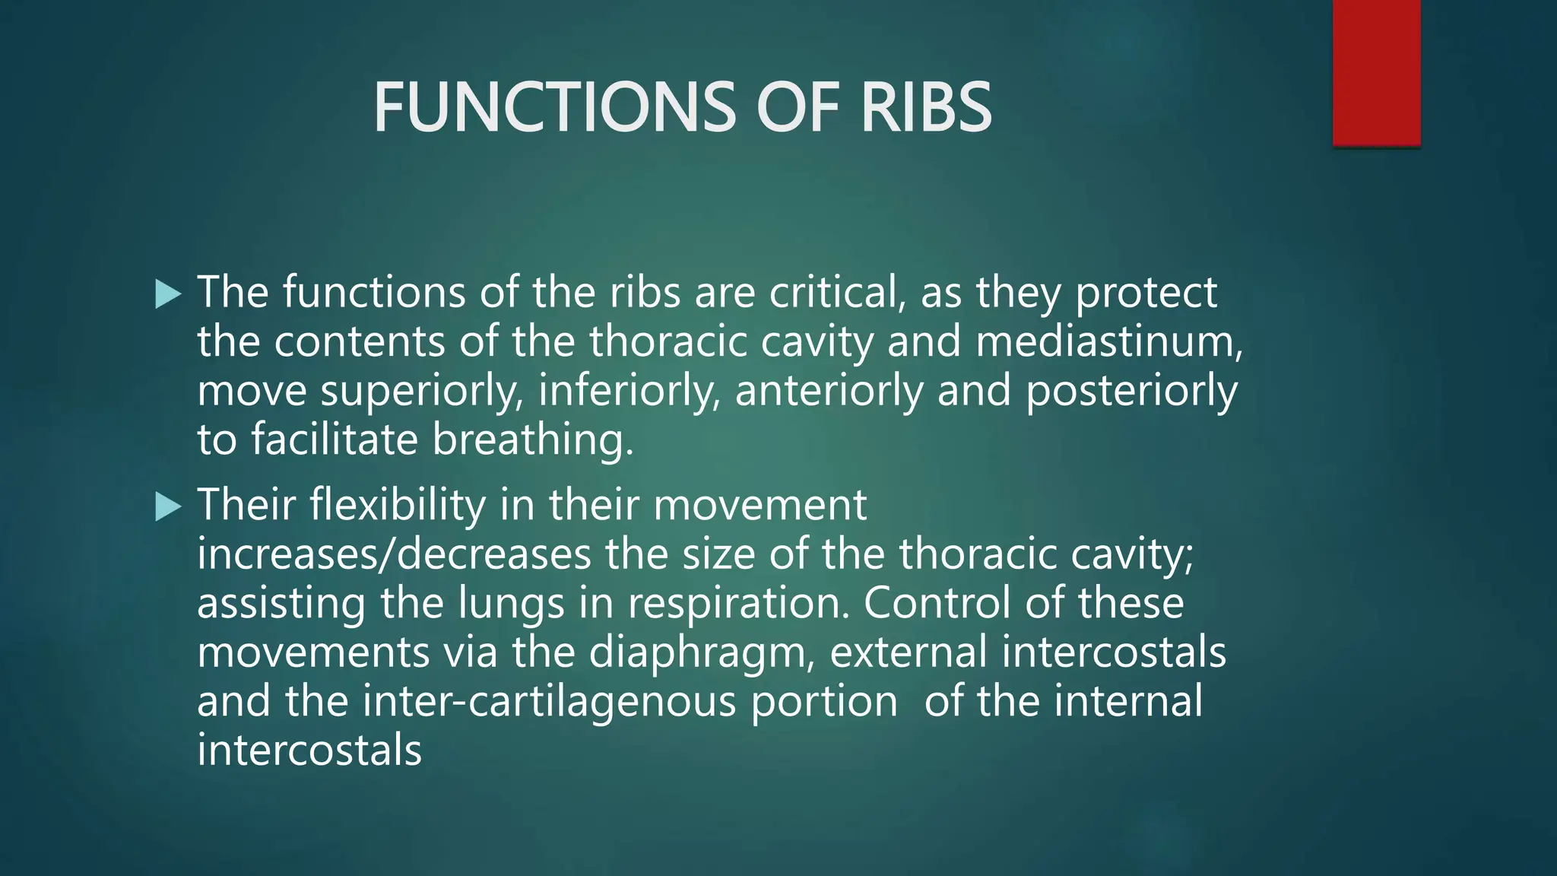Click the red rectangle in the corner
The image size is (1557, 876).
[1376, 72]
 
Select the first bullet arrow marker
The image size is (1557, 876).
[168, 294]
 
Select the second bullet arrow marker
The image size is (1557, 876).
[168, 506]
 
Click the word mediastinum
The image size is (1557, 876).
[1108, 341]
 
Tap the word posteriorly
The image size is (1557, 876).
[1131, 392]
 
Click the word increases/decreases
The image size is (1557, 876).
[394, 554]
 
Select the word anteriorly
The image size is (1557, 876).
[829, 392]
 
